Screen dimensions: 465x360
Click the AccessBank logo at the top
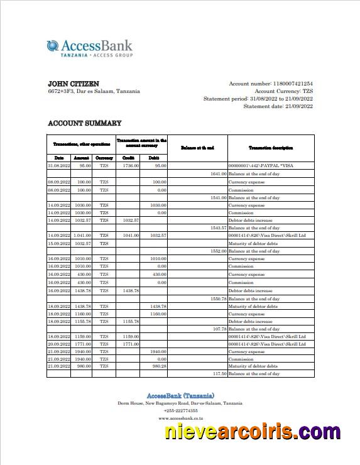tap(89, 48)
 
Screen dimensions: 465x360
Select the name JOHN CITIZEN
tap(74, 84)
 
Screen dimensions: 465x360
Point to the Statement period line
tap(258, 99)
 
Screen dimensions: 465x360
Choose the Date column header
tap(59, 158)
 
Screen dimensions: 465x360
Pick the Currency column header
tap(104, 158)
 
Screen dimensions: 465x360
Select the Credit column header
tap(128, 158)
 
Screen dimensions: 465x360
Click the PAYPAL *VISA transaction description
tap(261, 165)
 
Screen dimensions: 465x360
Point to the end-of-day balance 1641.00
tap(218, 173)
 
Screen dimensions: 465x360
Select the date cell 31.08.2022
tap(59, 165)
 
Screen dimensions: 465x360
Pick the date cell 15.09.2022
tap(59, 243)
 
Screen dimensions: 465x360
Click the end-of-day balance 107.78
tap(219, 329)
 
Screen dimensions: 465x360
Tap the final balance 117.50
tap(219, 374)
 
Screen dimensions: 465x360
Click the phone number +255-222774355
tap(180, 410)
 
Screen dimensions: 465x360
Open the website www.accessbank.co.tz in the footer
tap(180, 418)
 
